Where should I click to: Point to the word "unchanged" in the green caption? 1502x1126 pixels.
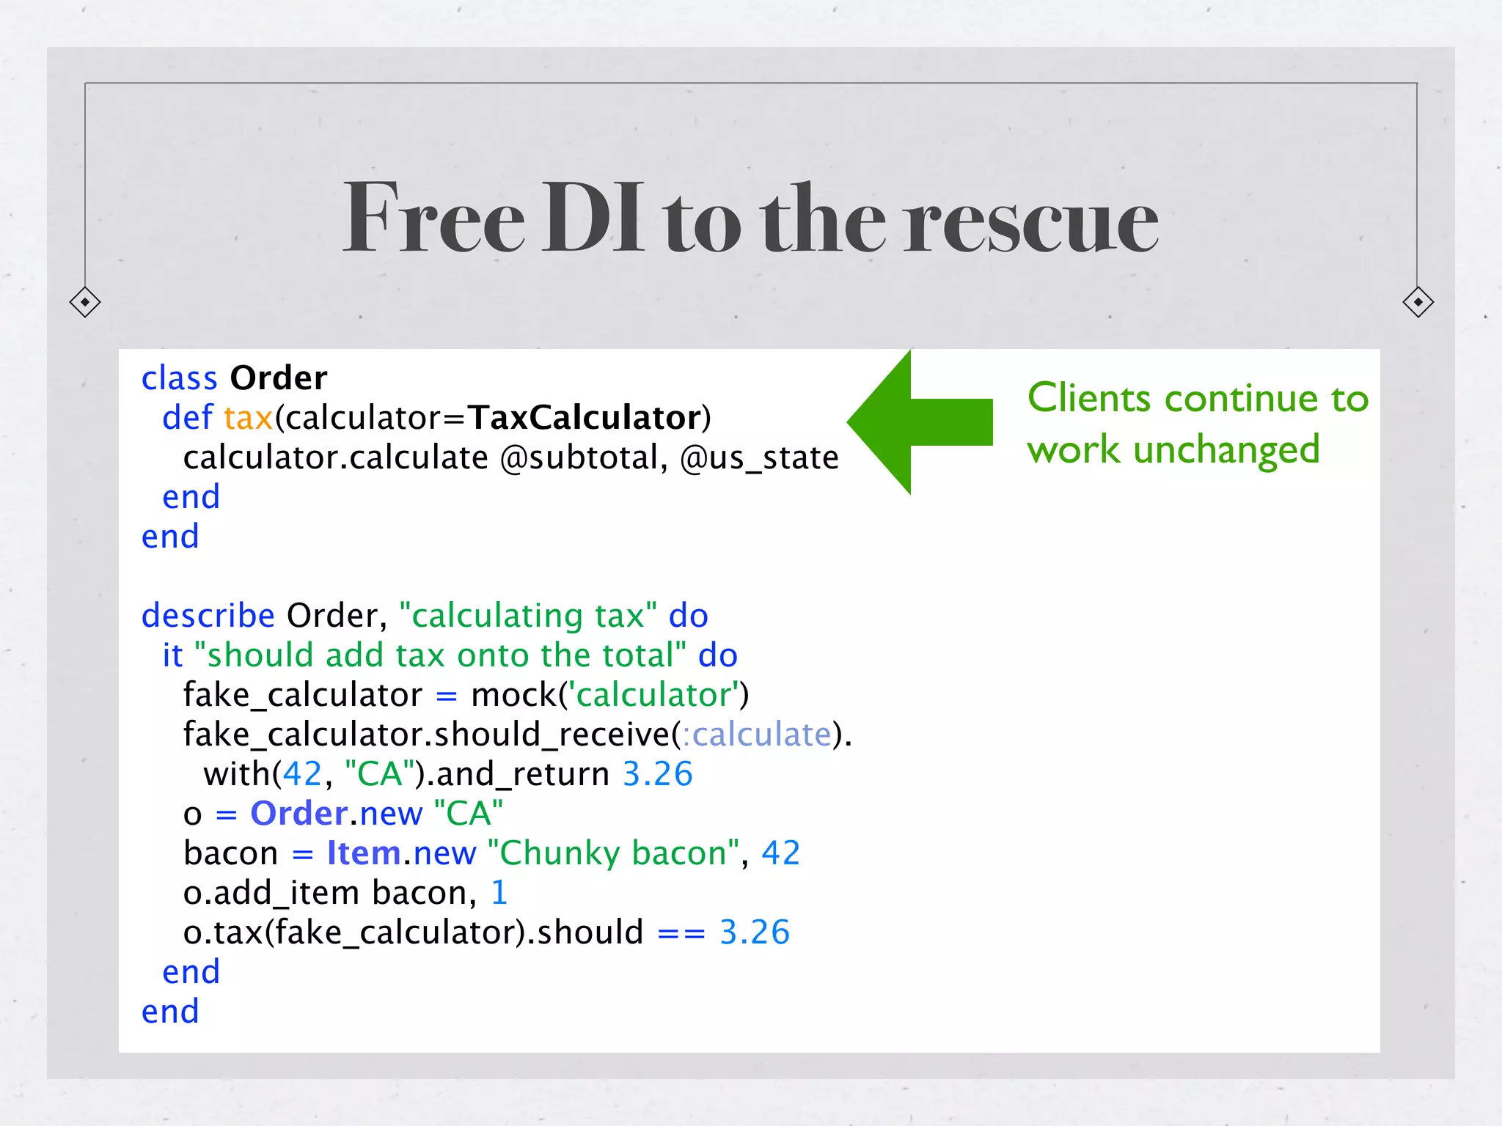(x=1226, y=450)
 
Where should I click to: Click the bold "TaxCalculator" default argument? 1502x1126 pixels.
(x=585, y=418)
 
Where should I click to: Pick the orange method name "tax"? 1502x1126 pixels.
(x=249, y=418)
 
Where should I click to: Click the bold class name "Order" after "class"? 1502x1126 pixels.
(x=279, y=378)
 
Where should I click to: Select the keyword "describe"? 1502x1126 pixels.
(x=208, y=616)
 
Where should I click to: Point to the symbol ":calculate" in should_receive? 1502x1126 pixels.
(x=757, y=735)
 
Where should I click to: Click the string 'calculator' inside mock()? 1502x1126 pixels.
(x=655, y=695)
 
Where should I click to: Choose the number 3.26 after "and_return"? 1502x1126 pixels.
(x=657, y=774)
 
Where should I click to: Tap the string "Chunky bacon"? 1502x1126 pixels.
(x=612, y=853)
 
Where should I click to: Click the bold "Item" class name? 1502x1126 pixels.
(x=364, y=853)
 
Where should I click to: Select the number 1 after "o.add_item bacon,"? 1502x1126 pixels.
(x=499, y=893)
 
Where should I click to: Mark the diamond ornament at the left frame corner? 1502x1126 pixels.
(x=85, y=302)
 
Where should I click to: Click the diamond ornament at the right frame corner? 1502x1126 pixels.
(x=1418, y=302)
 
